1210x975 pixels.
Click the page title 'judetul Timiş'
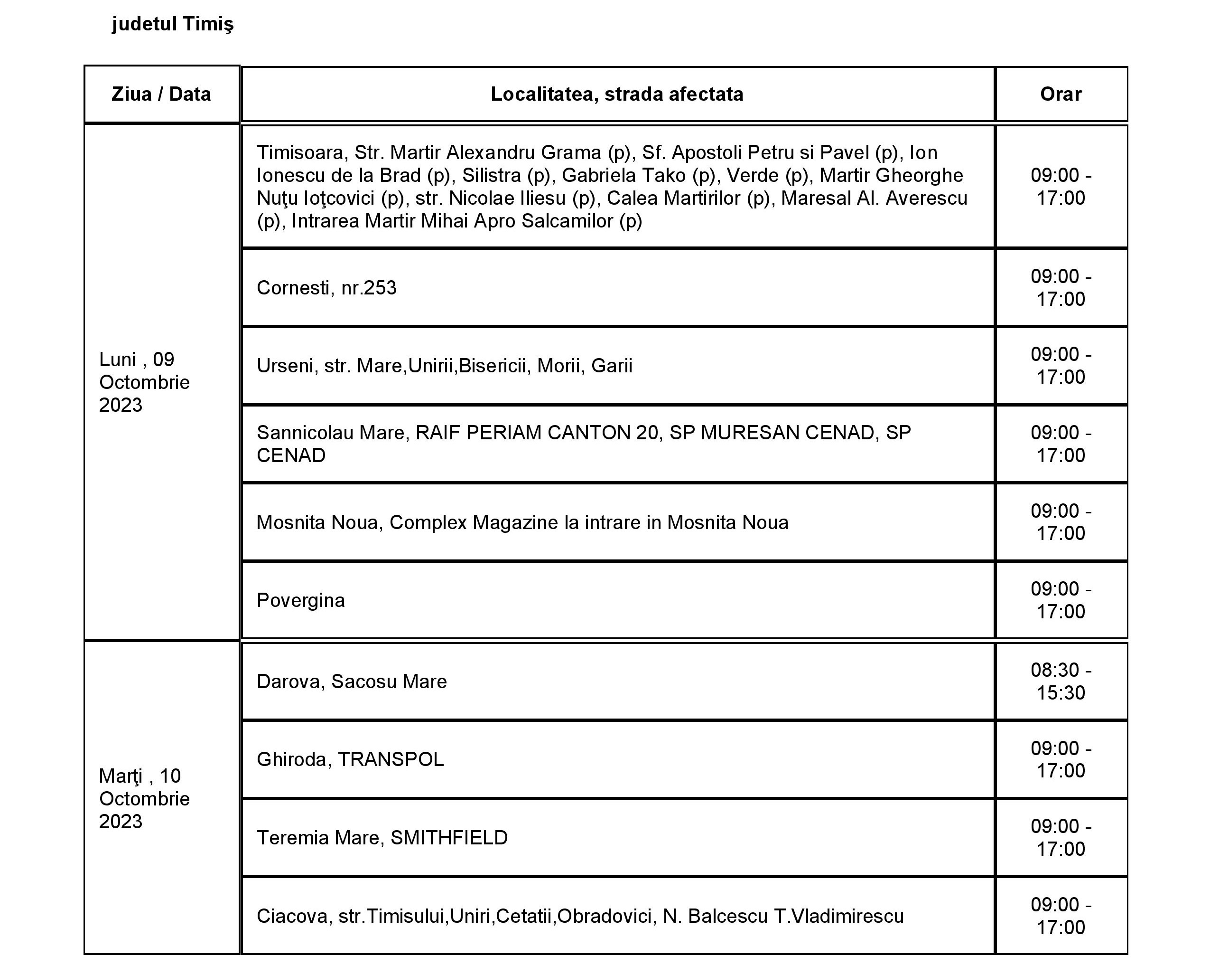(x=172, y=24)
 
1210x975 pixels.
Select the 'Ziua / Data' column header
(x=161, y=94)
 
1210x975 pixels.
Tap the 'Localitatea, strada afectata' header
(x=617, y=94)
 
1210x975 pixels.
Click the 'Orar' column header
(x=1061, y=94)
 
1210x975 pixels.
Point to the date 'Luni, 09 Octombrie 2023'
(x=144, y=382)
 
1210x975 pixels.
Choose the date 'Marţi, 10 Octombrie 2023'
(x=144, y=799)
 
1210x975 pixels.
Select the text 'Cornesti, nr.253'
(x=326, y=287)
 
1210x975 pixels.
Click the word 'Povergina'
(x=301, y=600)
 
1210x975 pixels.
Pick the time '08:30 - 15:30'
(x=1061, y=681)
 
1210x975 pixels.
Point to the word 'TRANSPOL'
(x=391, y=759)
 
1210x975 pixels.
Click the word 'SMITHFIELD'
(x=449, y=837)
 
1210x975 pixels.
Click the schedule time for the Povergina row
(x=1061, y=600)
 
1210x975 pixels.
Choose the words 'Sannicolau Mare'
(x=332, y=433)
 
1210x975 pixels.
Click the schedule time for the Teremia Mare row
(x=1061, y=837)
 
